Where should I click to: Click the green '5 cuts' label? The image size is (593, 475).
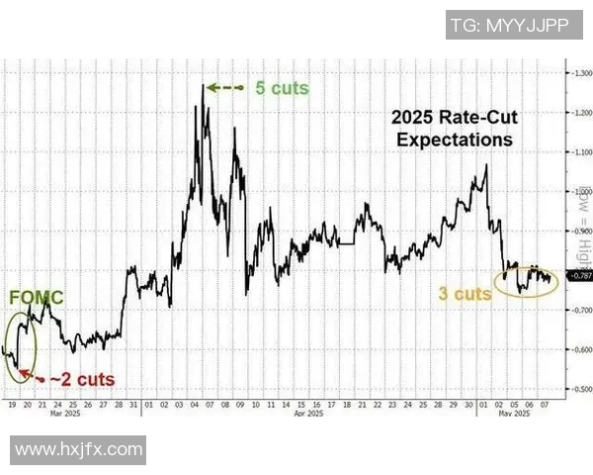click(x=281, y=88)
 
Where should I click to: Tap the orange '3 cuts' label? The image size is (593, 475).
click(x=466, y=294)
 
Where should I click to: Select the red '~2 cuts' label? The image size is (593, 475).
click(x=83, y=380)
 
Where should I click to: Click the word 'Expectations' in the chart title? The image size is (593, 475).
click(x=455, y=140)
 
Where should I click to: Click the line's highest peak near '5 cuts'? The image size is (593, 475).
click(x=204, y=85)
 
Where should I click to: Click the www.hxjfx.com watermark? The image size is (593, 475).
click(x=78, y=450)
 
